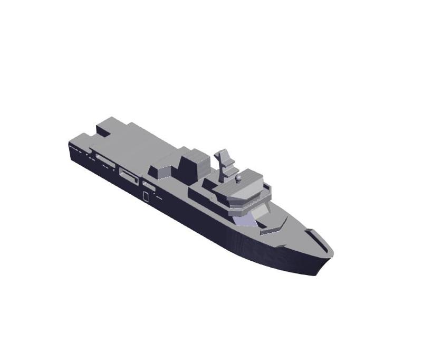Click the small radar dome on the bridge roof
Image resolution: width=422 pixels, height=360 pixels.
click(x=238, y=178)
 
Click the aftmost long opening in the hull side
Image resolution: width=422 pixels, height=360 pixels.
click(x=102, y=158)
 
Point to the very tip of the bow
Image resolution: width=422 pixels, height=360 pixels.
click(x=332, y=254)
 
